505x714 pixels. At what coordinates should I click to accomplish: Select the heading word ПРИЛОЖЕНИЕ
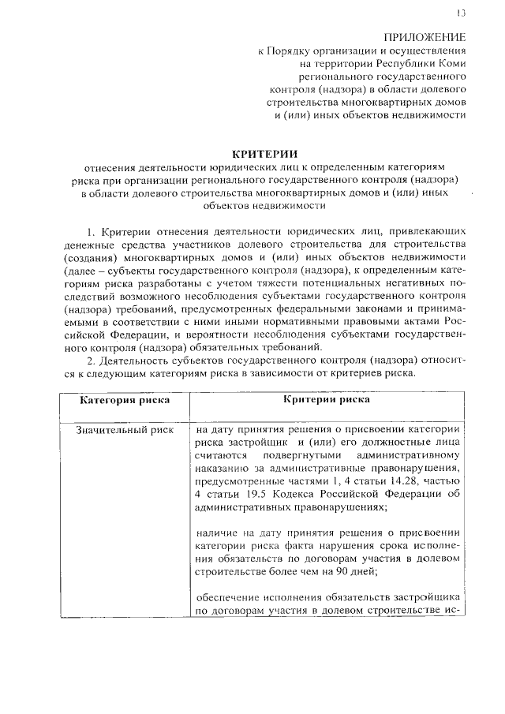click(x=425, y=37)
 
